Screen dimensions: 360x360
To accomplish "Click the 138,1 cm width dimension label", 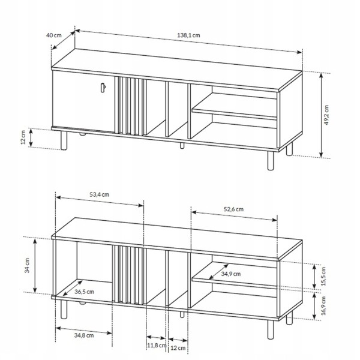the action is click(x=188, y=35).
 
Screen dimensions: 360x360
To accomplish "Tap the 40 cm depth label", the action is click(x=54, y=35).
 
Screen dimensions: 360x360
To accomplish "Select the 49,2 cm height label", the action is click(x=326, y=115).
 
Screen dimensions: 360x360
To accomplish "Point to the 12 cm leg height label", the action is click(x=23, y=137).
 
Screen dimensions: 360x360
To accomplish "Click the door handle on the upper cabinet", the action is click(x=103, y=88).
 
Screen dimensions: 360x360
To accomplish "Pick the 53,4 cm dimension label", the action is click(x=100, y=194).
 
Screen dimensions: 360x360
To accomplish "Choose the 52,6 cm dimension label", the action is click(x=234, y=209).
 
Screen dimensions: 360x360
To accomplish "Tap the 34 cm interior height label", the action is click(x=27, y=265).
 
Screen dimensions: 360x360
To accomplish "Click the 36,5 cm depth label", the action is click(x=84, y=292).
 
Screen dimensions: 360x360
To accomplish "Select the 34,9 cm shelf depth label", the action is click(x=231, y=274).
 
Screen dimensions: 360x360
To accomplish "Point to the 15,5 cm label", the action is click(x=323, y=276).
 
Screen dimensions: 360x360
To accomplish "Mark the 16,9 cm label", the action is click(x=323, y=305).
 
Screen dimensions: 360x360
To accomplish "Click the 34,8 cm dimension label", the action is click(x=84, y=335).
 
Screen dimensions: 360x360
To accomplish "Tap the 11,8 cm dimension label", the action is click(x=157, y=346).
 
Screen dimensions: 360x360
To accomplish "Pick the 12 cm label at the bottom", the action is click(x=178, y=348).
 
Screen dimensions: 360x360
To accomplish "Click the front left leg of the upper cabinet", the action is click(x=64, y=140).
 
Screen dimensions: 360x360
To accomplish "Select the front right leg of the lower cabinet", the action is click(x=271, y=329).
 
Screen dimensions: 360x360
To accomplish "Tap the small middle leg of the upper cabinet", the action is click(x=182, y=146).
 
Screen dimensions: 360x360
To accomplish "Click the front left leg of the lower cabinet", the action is click(x=64, y=310).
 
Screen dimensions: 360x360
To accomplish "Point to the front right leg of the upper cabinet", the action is click(x=271, y=161).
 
